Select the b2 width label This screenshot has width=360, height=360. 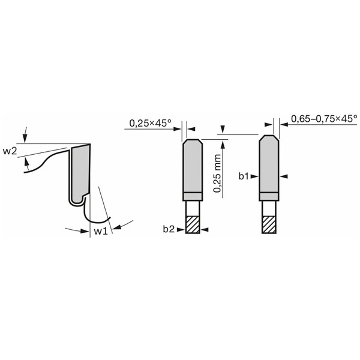(x=168, y=229)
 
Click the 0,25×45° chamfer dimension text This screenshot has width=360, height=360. (x=149, y=124)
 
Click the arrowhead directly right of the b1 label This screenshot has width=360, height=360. (x=256, y=176)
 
